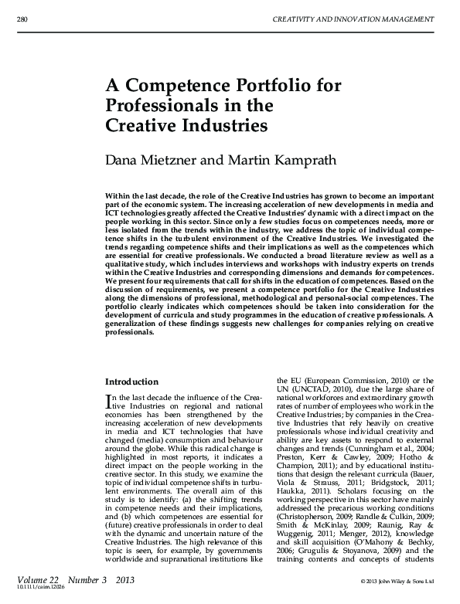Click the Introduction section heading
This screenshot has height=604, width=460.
coord(131,382)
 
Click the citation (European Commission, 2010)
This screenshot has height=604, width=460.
coord(355,382)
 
